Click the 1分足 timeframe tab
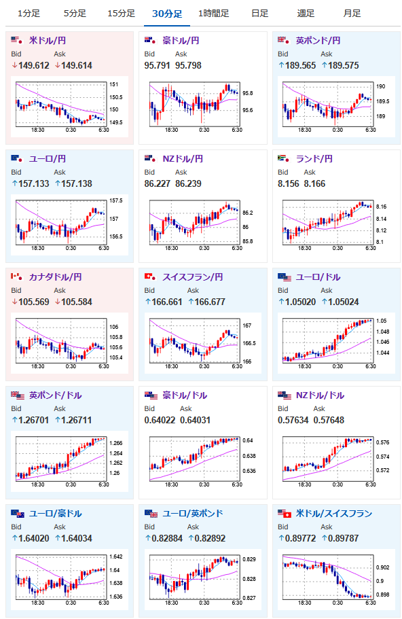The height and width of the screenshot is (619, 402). point(29,14)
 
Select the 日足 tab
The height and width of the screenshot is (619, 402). point(259,14)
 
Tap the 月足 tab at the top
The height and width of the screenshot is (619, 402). point(352,14)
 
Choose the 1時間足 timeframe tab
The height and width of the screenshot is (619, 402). point(213,14)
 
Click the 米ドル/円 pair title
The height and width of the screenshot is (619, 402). point(48,40)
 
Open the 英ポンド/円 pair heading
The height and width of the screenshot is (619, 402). point(318,40)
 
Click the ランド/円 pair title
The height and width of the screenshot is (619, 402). point(314,159)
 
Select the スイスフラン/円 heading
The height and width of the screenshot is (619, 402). point(193,277)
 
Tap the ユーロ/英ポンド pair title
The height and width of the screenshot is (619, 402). point(193,514)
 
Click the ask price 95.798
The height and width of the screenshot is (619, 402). point(188,65)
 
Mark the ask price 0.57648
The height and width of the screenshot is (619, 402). point(329,420)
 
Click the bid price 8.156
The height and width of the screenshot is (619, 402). point(289,183)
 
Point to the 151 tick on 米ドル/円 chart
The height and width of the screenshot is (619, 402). point(113,84)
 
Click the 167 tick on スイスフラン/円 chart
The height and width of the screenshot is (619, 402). point(247,325)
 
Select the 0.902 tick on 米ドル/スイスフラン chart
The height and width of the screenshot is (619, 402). point(383,567)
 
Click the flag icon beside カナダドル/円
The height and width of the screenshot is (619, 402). point(17,277)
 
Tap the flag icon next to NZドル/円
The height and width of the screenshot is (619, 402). point(151,159)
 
